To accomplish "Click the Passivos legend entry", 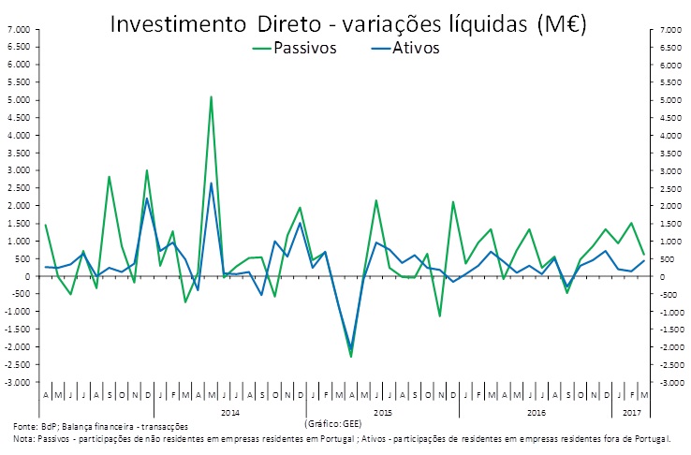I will pos(304,49).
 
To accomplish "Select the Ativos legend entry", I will pos(416,49).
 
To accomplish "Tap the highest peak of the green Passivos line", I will pos(211,96).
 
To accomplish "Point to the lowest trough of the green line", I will pos(351,357).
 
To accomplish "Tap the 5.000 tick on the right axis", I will pos(671,100).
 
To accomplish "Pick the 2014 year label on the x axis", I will pos(229,411).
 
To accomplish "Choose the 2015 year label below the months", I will pos(382,411).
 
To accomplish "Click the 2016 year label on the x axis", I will pos(536,411).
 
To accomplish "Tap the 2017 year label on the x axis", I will pos(631,411).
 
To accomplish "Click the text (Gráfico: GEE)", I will pos(332,423).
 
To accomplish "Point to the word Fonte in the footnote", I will pos(25,427).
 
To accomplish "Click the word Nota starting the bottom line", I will pos(23,438).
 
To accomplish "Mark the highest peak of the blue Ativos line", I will pos(211,183).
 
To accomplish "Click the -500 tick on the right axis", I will pos(669,294).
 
